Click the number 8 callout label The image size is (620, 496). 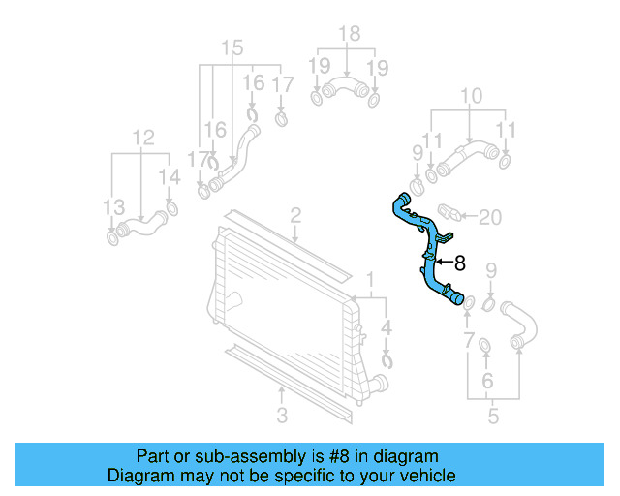point(460,262)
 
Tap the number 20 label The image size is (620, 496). point(491,216)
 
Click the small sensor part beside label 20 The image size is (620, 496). point(451,212)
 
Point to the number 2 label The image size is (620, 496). point(294,215)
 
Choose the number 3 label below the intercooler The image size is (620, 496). point(281,418)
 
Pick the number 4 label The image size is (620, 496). point(387,326)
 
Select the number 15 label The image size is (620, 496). point(232,47)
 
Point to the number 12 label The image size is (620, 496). point(142,138)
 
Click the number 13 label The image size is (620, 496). point(113,206)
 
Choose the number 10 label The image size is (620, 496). point(471,95)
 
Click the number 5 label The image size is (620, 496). point(493,418)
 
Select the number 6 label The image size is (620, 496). point(487,381)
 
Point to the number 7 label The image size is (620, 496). point(469,340)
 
